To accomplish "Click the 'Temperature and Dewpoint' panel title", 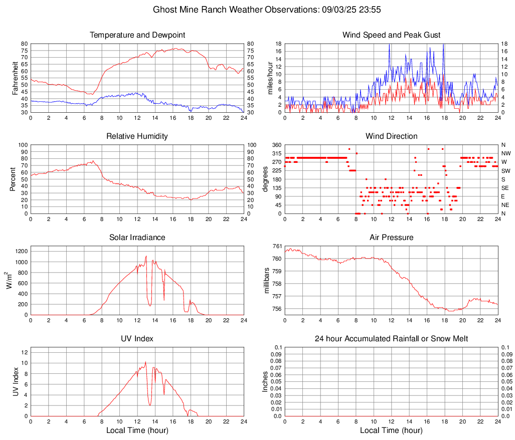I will tap(137, 35).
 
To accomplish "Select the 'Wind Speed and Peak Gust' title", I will tap(391, 35).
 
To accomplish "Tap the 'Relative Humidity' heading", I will tap(137, 136).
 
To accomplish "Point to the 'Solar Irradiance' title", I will tap(137, 238).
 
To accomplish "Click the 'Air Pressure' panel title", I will tap(391, 238).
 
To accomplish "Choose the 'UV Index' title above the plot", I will tap(137, 339).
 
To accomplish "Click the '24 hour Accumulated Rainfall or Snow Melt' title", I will tap(391, 339).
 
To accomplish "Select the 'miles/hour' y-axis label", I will tap(270, 78).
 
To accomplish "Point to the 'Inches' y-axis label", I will tap(265, 381).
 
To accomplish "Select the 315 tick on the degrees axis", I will tap(276, 153).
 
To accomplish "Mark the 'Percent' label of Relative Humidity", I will tap(13, 179).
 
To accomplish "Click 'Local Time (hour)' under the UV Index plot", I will tap(137, 430).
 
